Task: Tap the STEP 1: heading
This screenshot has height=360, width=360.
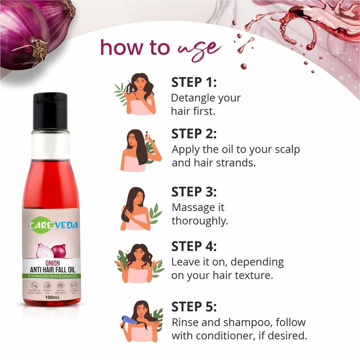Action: click(194, 82)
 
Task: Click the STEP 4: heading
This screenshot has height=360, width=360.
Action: click(194, 246)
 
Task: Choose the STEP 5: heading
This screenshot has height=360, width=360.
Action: click(194, 306)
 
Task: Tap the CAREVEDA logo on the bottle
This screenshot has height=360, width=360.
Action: click(53, 225)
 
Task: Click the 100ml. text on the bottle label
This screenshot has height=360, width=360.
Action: click(52, 297)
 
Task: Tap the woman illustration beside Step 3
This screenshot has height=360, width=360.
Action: click(135, 208)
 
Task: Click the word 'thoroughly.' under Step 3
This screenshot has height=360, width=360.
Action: click(200, 220)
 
